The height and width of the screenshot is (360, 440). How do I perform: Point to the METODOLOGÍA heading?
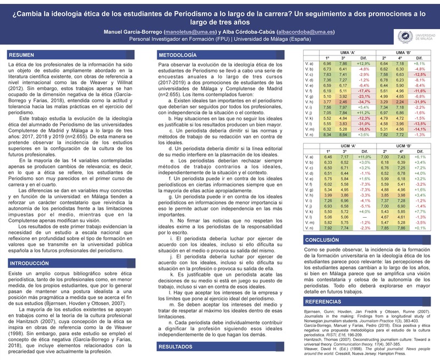177,56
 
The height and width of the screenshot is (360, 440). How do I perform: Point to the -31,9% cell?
420,101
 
